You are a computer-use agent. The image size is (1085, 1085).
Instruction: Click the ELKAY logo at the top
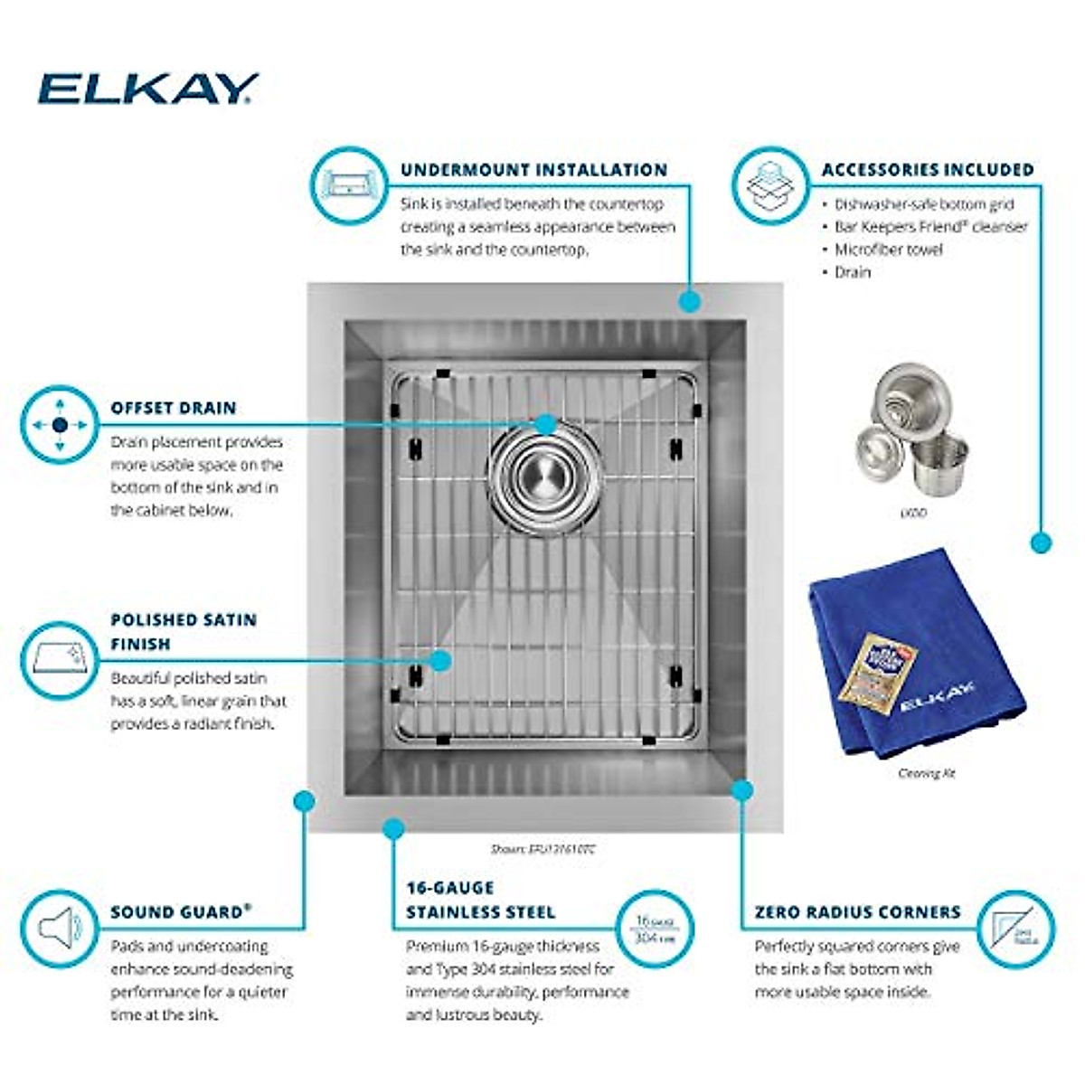pos(147,89)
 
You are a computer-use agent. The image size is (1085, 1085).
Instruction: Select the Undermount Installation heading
pos(533,170)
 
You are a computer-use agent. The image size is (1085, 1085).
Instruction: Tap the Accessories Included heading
pos(927,170)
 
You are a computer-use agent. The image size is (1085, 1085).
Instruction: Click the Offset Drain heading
pos(173,408)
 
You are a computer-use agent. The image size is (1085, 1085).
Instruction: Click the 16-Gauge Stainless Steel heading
pos(480,900)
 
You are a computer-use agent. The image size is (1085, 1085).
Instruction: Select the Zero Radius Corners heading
pos(857,911)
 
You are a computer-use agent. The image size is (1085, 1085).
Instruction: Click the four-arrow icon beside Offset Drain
pos(60,425)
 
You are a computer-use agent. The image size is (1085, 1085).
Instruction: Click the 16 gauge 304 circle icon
pos(656,929)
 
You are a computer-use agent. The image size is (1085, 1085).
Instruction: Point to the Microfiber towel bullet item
pos(888,250)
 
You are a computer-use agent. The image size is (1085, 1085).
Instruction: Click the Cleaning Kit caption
pos(926,773)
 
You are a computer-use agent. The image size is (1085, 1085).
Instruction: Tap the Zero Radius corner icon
pos(1016,929)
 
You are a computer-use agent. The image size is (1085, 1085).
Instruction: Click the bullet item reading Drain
pos(852,272)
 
